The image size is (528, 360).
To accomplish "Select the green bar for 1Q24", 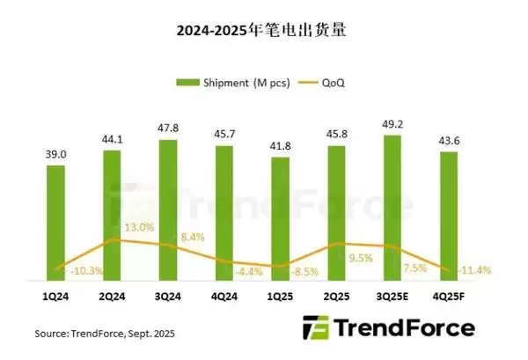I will point(55,220).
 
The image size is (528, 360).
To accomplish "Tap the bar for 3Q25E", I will point(392,207).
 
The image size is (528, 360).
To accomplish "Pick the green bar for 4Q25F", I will point(449,216).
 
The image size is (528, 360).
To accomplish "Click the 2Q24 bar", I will point(112,211).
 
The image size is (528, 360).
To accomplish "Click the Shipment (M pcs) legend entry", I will point(228,84).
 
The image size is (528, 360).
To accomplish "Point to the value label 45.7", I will point(224,132).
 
